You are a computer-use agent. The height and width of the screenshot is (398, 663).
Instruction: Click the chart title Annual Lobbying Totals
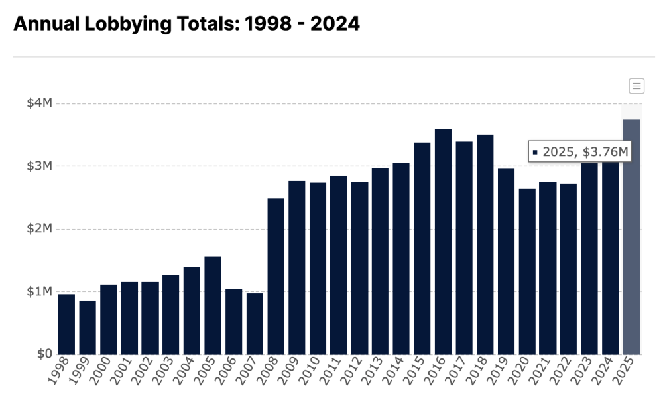coord(186,24)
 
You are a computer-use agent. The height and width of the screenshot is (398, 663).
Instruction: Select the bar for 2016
coord(443,242)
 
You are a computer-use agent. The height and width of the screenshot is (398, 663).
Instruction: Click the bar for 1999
coord(88,328)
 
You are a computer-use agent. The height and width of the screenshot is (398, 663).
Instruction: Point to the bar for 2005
coord(213,305)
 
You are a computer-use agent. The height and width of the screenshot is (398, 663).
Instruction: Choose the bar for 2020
coord(527,272)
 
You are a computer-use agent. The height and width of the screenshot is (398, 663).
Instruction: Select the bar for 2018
coord(485,245)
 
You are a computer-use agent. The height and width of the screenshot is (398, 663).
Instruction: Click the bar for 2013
coord(380,261)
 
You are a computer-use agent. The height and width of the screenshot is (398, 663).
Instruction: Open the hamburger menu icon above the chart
coord(636,86)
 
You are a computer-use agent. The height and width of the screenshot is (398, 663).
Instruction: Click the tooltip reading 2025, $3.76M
coord(579,152)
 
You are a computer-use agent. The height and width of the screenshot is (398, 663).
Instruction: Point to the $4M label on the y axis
coord(39,103)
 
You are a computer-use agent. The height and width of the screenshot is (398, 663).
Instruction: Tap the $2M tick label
coord(39,229)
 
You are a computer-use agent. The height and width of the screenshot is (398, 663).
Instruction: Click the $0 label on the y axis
coord(44,354)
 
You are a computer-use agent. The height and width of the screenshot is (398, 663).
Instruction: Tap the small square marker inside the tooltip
coord(535,153)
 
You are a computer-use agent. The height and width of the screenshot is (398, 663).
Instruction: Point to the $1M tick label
coord(39,291)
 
